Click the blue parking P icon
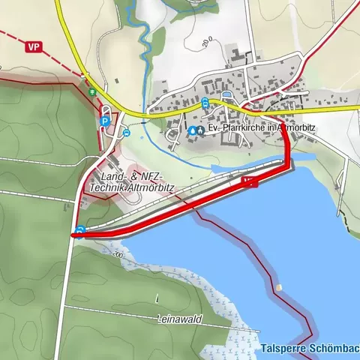click(x=106, y=119)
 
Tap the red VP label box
click(x=32, y=47)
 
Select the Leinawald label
click(x=181, y=319)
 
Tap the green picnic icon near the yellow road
click(x=91, y=92)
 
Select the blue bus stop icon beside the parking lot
click(x=127, y=133)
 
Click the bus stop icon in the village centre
click(x=205, y=103)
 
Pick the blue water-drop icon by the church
click(x=192, y=130)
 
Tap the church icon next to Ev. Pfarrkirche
click(x=200, y=130)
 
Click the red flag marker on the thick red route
click(x=250, y=181)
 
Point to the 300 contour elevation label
click(x=117, y=256)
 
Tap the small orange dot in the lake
click(x=279, y=288)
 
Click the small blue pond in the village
click(x=226, y=94)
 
